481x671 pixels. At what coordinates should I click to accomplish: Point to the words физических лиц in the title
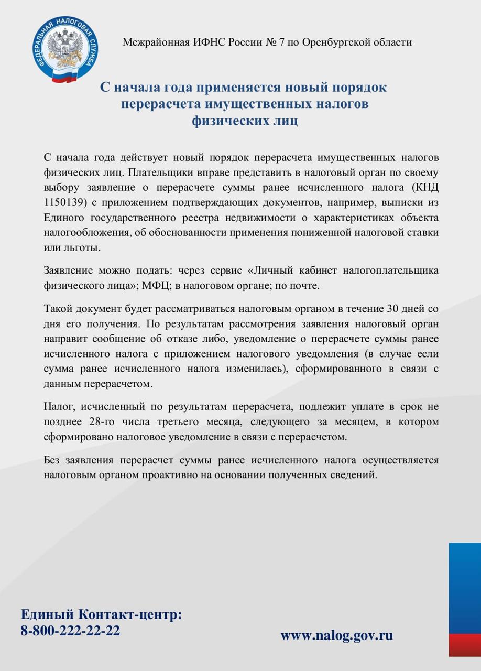click(245, 121)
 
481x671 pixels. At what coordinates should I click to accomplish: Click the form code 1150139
click(64, 202)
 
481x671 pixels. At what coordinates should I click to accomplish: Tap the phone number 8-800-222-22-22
click(70, 630)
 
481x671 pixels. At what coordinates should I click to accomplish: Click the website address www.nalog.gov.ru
click(336, 635)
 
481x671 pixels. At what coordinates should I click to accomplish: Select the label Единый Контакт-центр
click(101, 614)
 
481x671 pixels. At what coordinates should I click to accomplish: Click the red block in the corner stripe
click(464, 644)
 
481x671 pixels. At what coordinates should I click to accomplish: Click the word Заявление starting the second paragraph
click(68, 270)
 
